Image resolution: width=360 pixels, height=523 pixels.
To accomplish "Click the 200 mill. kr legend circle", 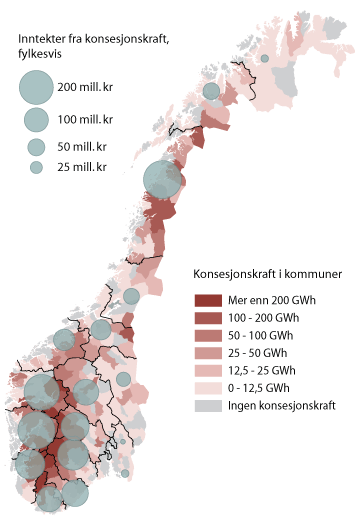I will [36, 88].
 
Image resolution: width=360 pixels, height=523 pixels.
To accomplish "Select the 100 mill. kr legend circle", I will [36, 120].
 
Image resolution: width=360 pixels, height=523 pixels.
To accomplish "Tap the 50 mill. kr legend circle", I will [36, 147].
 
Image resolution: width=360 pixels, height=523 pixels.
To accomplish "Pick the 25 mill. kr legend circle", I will [36, 167].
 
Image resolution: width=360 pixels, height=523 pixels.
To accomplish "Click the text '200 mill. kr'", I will [89, 89].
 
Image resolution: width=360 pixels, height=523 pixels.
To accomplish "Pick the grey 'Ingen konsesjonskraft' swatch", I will [206, 406].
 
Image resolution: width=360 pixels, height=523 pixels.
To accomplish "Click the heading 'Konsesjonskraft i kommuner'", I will [267, 274].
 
